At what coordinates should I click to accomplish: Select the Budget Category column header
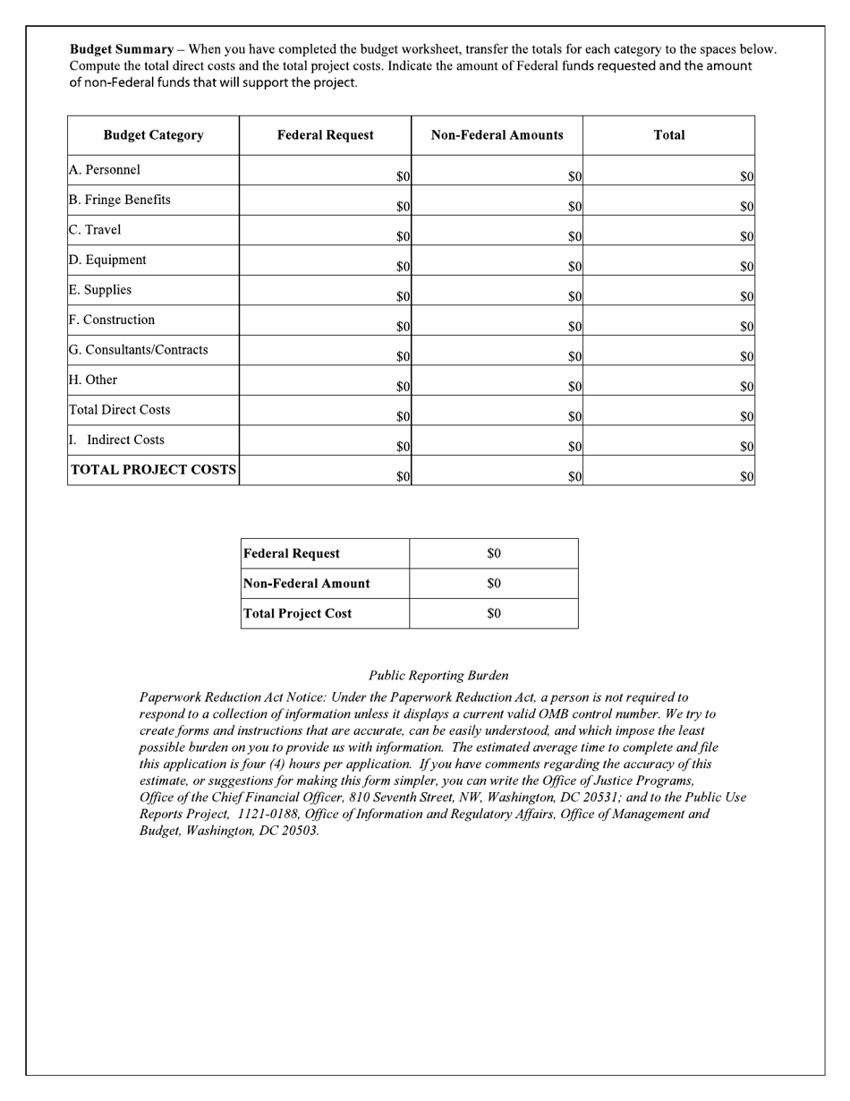click(x=153, y=135)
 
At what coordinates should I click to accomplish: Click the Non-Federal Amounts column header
click(x=497, y=135)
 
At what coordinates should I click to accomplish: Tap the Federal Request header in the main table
click(x=326, y=135)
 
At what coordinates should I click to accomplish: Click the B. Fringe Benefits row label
click(x=120, y=200)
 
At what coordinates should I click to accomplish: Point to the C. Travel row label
click(x=95, y=230)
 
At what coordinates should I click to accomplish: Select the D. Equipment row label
click(x=107, y=260)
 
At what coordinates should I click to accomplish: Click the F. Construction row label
click(x=112, y=320)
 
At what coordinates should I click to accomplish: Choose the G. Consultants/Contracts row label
click(x=139, y=350)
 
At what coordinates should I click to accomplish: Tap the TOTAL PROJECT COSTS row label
click(x=153, y=470)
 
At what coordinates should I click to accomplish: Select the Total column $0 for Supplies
click(x=746, y=297)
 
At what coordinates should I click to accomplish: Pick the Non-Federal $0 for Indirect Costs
click(x=574, y=447)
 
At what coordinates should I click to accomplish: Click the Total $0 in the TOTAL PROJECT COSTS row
click(x=746, y=477)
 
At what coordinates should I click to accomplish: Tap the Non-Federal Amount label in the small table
click(x=307, y=584)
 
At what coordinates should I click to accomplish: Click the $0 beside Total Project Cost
click(x=494, y=614)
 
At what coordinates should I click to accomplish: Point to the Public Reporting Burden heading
click(x=438, y=676)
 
